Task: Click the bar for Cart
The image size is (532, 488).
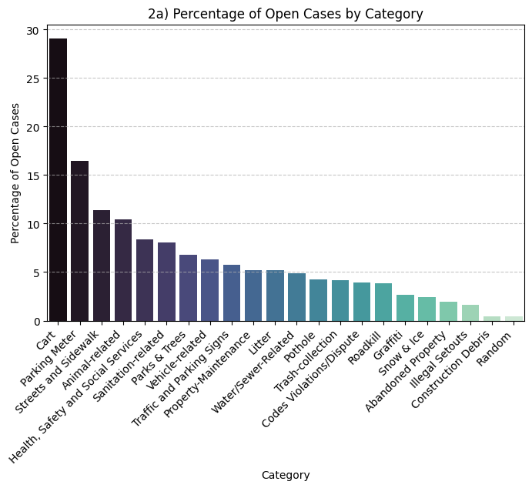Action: [x=58, y=179]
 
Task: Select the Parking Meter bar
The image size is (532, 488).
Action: [x=79, y=241]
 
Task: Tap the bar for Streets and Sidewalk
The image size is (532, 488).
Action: [x=101, y=266]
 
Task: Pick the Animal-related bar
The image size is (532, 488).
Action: [x=123, y=270]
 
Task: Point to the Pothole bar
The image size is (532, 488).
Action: [x=318, y=300]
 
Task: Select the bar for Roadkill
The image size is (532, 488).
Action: [x=383, y=302]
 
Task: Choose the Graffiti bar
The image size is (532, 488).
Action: [x=405, y=308]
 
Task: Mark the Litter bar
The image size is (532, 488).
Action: [x=275, y=296]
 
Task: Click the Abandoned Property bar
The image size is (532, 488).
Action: [x=448, y=311]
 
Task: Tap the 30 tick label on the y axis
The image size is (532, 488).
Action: [x=32, y=30]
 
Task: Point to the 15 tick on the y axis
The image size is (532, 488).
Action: [x=32, y=175]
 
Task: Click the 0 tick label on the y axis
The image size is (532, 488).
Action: [x=35, y=321]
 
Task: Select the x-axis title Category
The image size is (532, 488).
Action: [x=285, y=476]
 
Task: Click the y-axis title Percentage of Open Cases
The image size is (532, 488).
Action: [x=15, y=173]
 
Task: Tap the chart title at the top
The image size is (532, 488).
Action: [x=285, y=14]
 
